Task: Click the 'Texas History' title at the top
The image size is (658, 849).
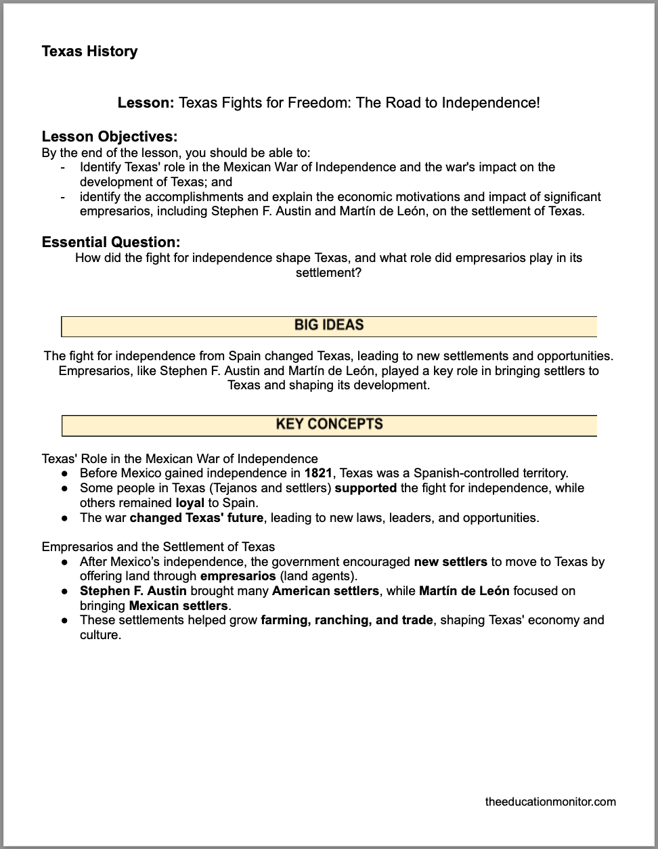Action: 89,51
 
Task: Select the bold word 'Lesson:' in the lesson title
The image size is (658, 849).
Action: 146,103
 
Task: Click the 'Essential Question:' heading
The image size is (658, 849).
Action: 111,242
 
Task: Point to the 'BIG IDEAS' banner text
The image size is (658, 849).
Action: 329,326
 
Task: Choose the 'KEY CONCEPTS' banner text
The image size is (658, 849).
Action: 329,424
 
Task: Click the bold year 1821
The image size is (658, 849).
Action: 318,473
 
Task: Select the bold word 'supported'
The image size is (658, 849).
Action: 366,488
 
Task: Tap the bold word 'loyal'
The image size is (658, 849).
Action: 190,503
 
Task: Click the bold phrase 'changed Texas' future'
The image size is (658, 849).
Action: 196,518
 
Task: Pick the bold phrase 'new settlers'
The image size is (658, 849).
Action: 450,561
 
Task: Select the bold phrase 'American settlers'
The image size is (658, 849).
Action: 325,591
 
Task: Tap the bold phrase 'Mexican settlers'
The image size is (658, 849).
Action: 178,606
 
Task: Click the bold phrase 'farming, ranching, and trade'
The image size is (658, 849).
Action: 347,620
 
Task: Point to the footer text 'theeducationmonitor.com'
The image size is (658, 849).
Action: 550,802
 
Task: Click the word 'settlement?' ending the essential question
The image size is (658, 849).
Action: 328,273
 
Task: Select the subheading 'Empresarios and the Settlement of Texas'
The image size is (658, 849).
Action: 158,546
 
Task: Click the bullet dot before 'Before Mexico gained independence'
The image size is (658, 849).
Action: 64,474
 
